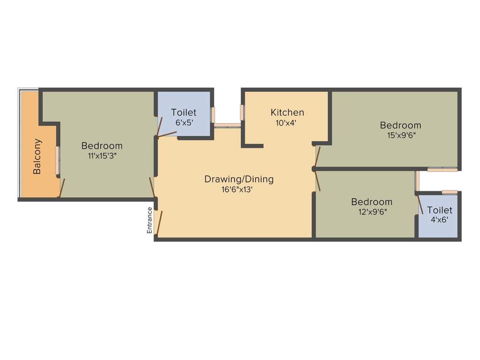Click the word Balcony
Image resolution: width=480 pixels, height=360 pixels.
point(37,156)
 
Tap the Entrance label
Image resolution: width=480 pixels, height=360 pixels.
point(150,220)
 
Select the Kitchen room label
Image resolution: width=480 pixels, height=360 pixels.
point(287,112)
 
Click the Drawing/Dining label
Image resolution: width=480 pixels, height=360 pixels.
point(239,179)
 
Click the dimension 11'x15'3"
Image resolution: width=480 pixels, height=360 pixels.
point(102,156)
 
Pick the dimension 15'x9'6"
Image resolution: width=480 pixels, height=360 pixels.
point(400,136)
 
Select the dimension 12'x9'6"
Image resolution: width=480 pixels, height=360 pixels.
point(372,212)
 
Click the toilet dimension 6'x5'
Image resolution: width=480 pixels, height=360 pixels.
point(183,123)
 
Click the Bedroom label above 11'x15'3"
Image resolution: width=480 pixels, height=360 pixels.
point(102,146)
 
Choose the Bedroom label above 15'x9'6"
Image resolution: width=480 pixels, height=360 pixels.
point(400,125)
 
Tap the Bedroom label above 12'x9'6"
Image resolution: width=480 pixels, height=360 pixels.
point(372,202)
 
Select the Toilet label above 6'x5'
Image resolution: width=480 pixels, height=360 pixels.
point(183,112)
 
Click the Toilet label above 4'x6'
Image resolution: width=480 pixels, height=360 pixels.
point(439,210)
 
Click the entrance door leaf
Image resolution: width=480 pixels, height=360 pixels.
point(159,223)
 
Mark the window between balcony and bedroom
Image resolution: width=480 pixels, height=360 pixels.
point(58,161)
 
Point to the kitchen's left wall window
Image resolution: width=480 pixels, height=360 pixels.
point(242,112)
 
